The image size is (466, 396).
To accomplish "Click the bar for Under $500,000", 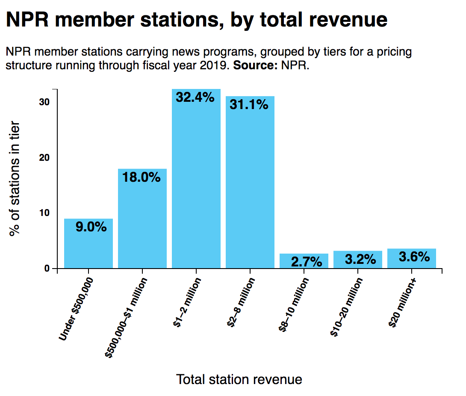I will coord(88,244).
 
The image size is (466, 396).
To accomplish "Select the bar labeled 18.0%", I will coord(142,219).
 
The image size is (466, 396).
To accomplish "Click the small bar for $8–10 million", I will coord(304,261).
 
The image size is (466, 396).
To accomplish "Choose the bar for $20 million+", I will coord(412,259).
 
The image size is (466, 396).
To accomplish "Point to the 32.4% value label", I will coord(195,98).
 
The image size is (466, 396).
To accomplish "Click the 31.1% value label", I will coord(249,104).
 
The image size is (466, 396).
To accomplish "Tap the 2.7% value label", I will coord(306,262).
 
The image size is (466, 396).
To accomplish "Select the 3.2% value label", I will coord(360,259).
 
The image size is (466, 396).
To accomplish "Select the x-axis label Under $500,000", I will coord(76,309).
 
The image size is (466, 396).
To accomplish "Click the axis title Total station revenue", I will coord(239,379).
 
